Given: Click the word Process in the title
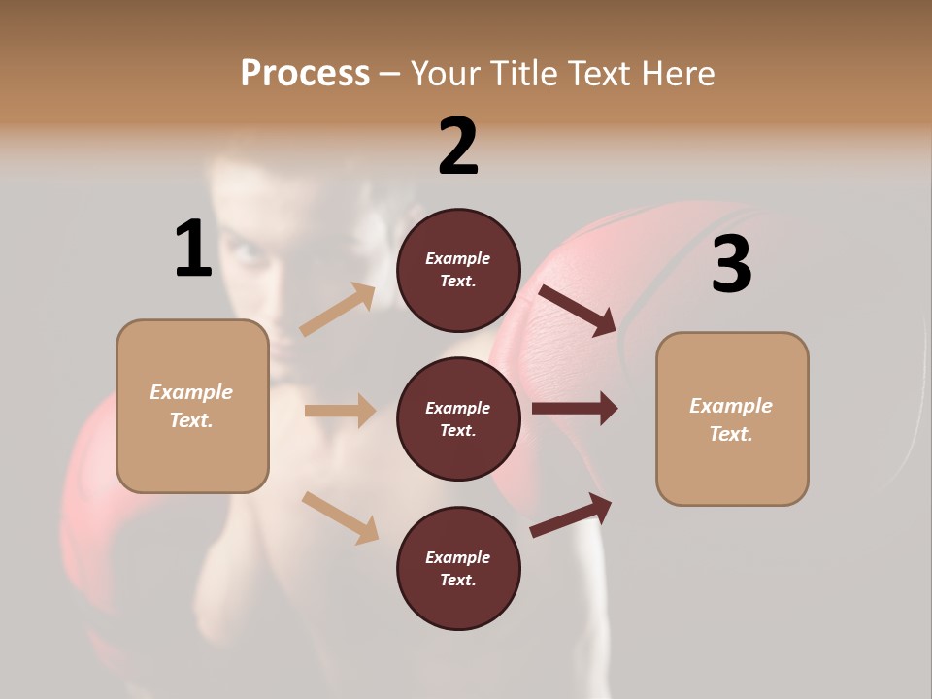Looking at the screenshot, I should [x=305, y=73].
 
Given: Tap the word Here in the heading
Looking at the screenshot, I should [x=674, y=73].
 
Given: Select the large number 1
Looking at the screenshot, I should [x=193, y=249].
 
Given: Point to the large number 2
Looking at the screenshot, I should [x=458, y=147].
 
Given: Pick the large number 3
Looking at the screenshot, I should [x=731, y=265].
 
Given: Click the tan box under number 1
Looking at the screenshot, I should [x=192, y=406].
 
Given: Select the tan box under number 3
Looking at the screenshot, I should [x=732, y=419].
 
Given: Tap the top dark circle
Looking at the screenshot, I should [x=458, y=270].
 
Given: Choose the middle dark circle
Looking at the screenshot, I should [x=458, y=418].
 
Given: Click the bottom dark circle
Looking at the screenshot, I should [x=458, y=568].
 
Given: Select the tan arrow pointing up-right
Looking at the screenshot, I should [x=337, y=310].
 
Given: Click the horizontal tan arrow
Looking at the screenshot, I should [x=340, y=411].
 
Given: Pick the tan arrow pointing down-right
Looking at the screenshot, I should [x=340, y=516].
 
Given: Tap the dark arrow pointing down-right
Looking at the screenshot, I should [x=578, y=310].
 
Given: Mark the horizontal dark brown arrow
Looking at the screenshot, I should [x=575, y=409].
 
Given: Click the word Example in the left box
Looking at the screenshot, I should [x=191, y=392].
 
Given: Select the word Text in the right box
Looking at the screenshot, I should [x=729, y=434].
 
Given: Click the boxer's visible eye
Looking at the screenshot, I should [x=248, y=254].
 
